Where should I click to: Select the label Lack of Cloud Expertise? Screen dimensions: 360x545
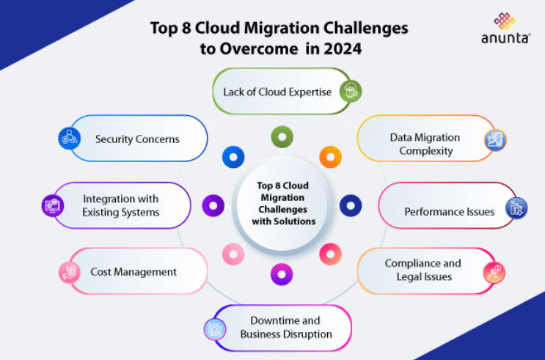tap(277, 92)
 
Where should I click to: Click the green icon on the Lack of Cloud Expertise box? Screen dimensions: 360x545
tap(352, 92)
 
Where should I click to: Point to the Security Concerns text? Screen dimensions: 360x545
tap(137, 139)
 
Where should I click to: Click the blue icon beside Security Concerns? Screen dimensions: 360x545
tap(70, 139)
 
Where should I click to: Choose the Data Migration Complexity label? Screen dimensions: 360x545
tap(425, 144)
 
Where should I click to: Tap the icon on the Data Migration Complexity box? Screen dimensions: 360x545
tap(495, 139)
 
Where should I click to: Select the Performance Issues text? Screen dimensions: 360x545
tap(449, 212)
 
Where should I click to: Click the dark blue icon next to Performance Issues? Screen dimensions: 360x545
tap(516, 207)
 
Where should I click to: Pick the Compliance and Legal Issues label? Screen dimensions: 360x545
tap(423, 270)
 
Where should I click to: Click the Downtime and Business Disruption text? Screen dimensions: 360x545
tap(286, 328)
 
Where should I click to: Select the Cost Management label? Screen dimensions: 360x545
tap(133, 272)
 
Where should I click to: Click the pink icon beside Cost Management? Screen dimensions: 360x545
tap(69, 273)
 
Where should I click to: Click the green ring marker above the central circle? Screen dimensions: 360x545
tap(282, 136)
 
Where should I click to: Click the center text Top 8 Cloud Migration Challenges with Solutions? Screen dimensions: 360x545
tap(283, 204)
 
